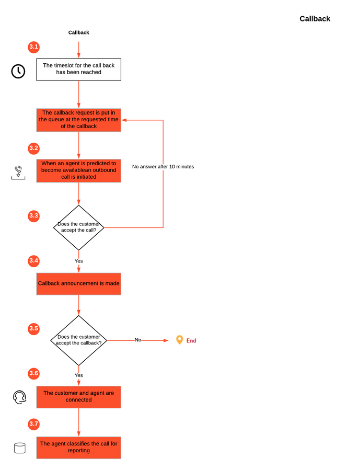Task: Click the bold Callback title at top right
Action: click(x=315, y=19)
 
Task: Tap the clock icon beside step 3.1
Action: click(x=18, y=71)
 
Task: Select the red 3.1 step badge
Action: click(x=34, y=47)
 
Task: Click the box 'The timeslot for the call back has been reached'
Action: click(x=79, y=69)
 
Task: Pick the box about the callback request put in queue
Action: click(x=79, y=120)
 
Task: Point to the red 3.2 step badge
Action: click(x=34, y=148)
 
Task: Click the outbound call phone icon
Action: click(x=18, y=173)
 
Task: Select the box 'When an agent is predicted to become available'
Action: click(x=79, y=170)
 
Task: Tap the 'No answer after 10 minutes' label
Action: click(x=163, y=167)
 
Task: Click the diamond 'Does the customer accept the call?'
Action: click(x=79, y=227)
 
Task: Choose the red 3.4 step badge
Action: click(x=34, y=261)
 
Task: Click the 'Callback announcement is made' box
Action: click(x=79, y=284)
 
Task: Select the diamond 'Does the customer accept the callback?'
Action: click(x=79, y=340)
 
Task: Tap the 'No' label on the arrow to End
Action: click(x=138, y=340)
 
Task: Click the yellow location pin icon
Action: click(x=179, y=340)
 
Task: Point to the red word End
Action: click(x=191, y=340)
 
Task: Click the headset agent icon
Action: click(x=19, y=397)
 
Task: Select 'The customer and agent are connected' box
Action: click(x=79, y=397)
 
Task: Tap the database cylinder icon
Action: click(x=20, y=448)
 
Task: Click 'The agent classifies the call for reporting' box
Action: click(x=79, y=448)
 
